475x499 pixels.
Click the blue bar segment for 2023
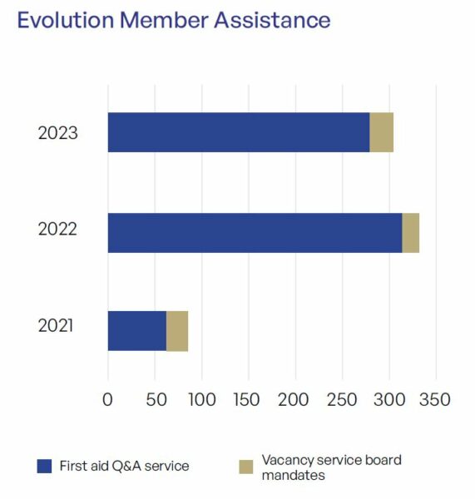(239, 132)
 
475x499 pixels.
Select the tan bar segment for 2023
(381, 132)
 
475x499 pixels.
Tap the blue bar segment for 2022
(255, 233)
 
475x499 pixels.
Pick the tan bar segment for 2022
(411, 233)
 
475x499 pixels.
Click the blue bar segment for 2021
(137, 331)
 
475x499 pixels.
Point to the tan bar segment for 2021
(177, 331)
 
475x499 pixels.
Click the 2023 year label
(58, 133)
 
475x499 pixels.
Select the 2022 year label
(57, 229)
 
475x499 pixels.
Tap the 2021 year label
(56, 325)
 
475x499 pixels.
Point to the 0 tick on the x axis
(107, 399)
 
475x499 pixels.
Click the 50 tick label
(156, 399)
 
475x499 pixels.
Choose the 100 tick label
(202, 399)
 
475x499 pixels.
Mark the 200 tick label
(293, 399)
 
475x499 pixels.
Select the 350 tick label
(435, 399)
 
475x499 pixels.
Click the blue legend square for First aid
(44, 467)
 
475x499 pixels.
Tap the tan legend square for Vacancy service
(246, 467)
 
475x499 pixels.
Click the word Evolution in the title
(66, 20)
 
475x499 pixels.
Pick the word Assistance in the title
(272, 20)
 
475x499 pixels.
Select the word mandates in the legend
(293, 476)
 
